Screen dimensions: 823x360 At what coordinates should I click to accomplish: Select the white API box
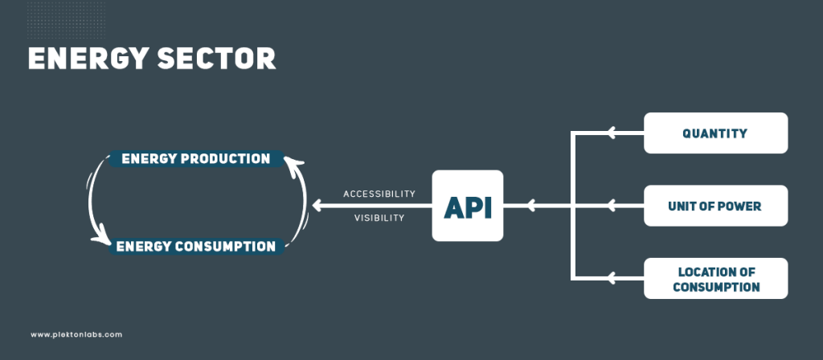[x=467, y=206]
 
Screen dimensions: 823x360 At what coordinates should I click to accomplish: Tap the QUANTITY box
[x=715, y=133]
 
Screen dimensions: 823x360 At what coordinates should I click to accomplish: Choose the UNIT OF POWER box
[x=715, y=206]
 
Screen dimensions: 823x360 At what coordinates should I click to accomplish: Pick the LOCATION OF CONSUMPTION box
[x=715, y=279]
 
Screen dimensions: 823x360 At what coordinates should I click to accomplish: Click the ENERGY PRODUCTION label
[x=196, y=158]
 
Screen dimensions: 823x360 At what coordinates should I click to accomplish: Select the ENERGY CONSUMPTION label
[x=196, y=246]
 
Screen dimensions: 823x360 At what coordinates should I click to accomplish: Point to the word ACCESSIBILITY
[x=379, y=194]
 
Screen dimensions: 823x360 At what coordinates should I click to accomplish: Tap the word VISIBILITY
[x=379, y=218]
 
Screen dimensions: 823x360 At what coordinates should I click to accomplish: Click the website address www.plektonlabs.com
[x=76, y=334]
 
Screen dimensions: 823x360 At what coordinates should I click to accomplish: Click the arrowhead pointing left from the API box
[x=317, y=206]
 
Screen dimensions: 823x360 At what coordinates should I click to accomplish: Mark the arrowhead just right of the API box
[x=531, y=206]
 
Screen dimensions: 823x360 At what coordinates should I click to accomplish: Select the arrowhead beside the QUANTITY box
[x=612, y=133]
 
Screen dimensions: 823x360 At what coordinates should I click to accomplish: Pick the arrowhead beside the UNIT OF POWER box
[x=612, y=206]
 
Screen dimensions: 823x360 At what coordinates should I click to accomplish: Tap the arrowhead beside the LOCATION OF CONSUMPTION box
[x=612, y=279]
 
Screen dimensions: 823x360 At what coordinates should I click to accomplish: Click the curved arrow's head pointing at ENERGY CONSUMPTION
[x=102, y=235]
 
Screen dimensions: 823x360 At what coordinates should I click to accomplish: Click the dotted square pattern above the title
[x=66, y=20]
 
